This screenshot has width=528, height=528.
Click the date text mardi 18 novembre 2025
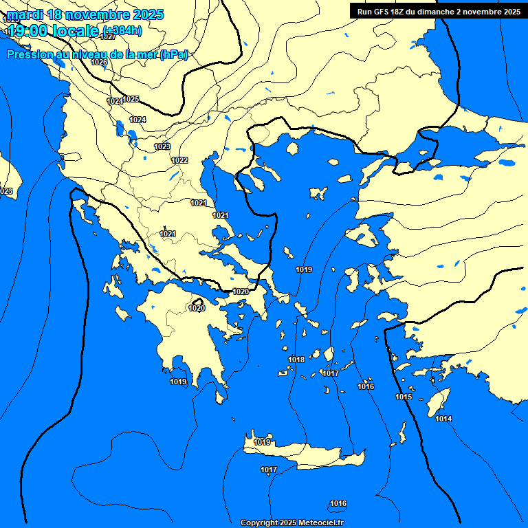pos(85,14)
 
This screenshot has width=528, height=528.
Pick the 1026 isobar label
pos(99,63)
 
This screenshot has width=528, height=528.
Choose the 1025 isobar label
pos(131,99)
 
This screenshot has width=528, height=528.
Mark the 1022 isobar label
pos(180,160)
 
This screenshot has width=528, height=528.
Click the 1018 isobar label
pos(296,360)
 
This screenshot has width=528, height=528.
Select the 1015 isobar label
pos(404,397)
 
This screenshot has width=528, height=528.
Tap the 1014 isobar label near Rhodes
pos(443,419)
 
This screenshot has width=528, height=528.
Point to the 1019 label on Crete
pos(262,442)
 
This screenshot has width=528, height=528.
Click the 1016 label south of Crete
pos(338,503)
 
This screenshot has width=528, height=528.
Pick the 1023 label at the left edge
pos(6,191)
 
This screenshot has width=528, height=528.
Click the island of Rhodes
pos(439,403)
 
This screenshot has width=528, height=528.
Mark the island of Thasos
pos(292,148)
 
